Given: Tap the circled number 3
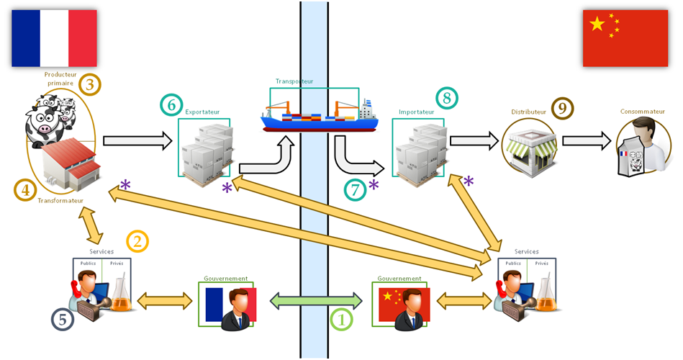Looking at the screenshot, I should coord(90,85).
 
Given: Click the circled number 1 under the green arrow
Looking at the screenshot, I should coord(340,317).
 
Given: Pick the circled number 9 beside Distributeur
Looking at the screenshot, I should coord(562,108).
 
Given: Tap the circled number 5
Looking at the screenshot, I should coord(63,319).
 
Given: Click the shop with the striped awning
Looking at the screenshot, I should coord(529,148).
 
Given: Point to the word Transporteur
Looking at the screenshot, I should coord(294,82).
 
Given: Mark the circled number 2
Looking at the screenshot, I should coord(137,241).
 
